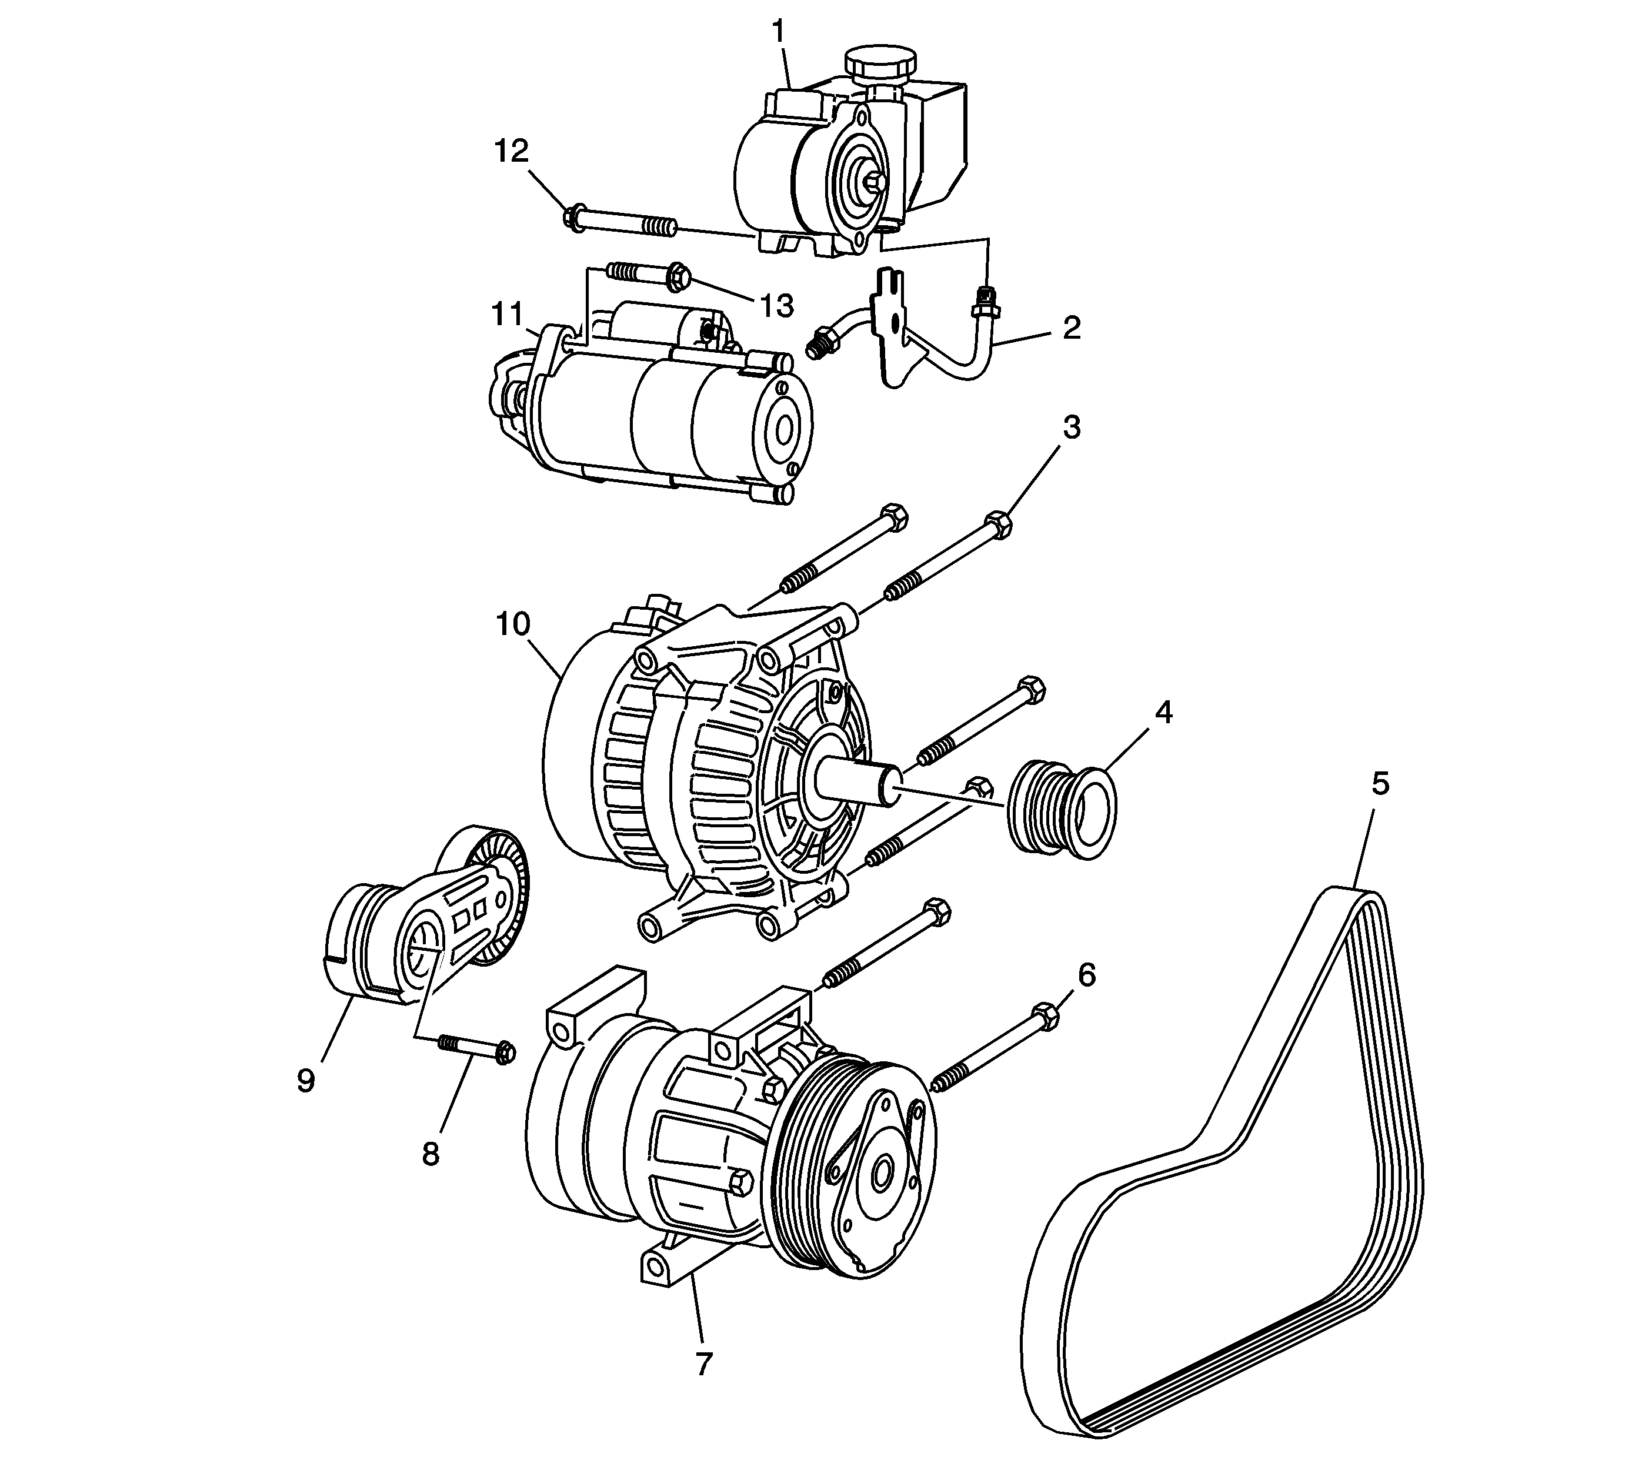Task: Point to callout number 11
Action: click(x=508, y=314)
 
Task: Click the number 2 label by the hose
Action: click(x=1070, y=328)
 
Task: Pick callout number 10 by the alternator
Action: click(x=513, y=625)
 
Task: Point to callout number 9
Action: click(x=306, y=1081)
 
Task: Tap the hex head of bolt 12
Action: click(x=572, y=217)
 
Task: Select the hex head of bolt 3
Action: click(x=998, y=524)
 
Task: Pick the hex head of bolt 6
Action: click(x=1044, y=1017)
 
